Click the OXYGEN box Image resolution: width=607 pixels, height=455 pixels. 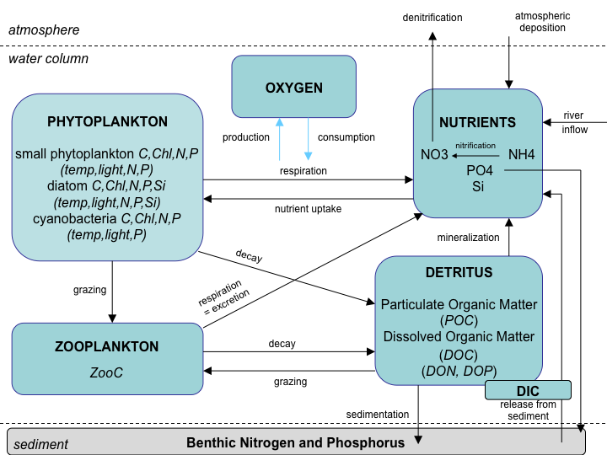click(294, 87)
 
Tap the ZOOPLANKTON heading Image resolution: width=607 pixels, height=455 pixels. click(107, 346)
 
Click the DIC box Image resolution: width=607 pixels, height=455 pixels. click(529, 390)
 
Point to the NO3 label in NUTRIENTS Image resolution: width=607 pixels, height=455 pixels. click(435, 155)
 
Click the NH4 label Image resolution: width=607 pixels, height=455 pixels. click(522, 155)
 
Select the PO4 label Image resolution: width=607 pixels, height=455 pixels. click(479, 171)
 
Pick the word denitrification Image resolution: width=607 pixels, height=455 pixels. click(432, 17)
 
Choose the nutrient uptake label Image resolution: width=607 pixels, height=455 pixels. click(308, 208)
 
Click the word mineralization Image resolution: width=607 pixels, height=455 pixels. click(468, 237)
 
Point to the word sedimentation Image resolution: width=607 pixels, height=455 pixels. click(378, 414)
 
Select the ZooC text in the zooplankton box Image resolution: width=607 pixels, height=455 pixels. click(107, 372)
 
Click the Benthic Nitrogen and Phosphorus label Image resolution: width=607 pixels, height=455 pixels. click(295, 442)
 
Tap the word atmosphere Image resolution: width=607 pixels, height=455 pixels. click(44, 30)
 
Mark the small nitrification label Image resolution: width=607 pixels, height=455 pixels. click(475, 145)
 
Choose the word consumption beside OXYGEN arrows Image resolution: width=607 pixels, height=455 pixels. click(346, 137)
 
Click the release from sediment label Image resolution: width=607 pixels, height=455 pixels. click(528, 410)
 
